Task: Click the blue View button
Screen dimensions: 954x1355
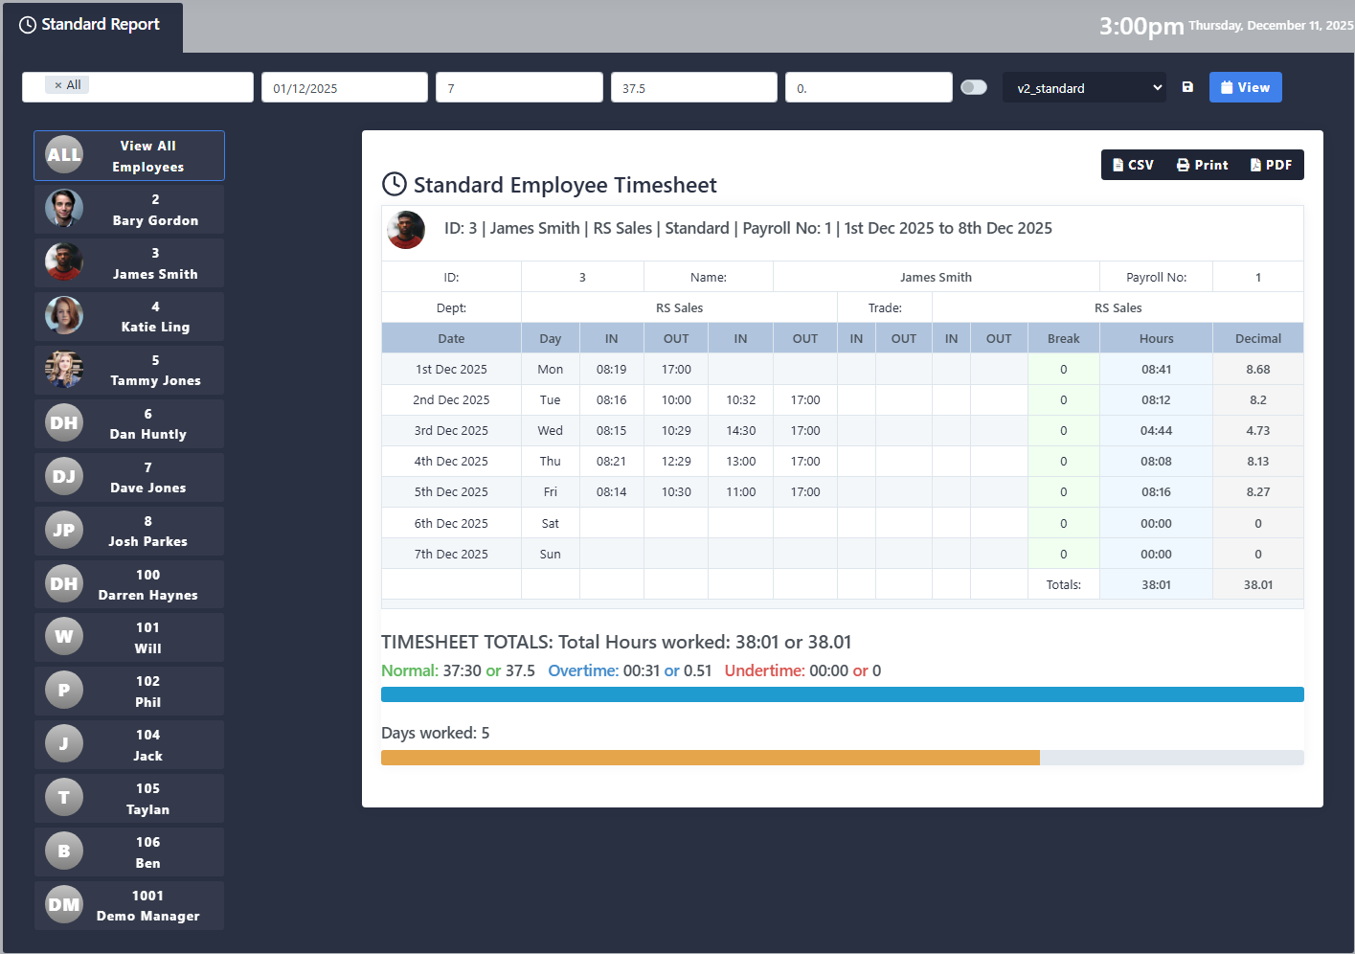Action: [1245, 87]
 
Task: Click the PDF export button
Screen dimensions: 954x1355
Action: [1271, 165]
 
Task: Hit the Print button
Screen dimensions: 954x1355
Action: [1202, 165]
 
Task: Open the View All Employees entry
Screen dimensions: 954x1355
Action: [129, 156]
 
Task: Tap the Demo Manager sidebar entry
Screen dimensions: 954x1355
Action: [129, 905]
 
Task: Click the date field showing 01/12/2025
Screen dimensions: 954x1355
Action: [344, 88]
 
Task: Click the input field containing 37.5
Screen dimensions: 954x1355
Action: [693, 88]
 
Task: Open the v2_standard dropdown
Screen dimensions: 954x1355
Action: [1084, 88]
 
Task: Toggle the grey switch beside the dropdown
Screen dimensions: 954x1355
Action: [973, 87]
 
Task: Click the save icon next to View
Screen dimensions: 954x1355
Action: [1187, 87]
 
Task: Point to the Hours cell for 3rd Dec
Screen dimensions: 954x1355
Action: [1156, 431]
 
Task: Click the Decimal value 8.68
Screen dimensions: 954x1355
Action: [1257, 370]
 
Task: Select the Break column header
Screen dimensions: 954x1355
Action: [1063, 339]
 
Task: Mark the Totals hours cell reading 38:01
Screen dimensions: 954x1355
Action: [1156, 585]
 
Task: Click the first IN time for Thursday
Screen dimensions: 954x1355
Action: [611, 462]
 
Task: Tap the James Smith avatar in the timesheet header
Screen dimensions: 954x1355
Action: [406, 230]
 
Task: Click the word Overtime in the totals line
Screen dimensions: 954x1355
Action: [582, 670]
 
